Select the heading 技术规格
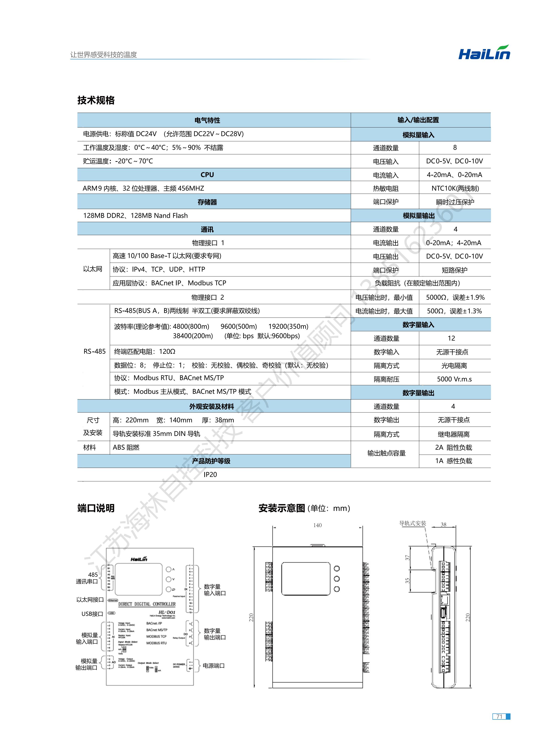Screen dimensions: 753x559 (x=96, y=100)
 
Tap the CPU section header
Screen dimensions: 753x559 (x=207, y=175)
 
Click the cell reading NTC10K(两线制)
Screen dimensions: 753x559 (x=455, y=188)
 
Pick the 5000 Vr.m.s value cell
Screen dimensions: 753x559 (x=454, y=379)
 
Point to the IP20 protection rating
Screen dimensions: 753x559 (x=210, y=475)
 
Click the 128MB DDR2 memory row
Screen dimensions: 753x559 (x=135, y=215)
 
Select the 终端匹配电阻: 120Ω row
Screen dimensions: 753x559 (x=145, y=352)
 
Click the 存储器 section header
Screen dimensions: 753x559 (x=207, y=202)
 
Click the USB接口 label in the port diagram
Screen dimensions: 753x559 (x=92, y=614)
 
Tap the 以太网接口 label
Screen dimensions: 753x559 (x=90, y=599)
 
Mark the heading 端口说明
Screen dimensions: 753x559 (x=96, y=508)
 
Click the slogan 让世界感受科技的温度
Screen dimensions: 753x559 (x=104, y=55)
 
